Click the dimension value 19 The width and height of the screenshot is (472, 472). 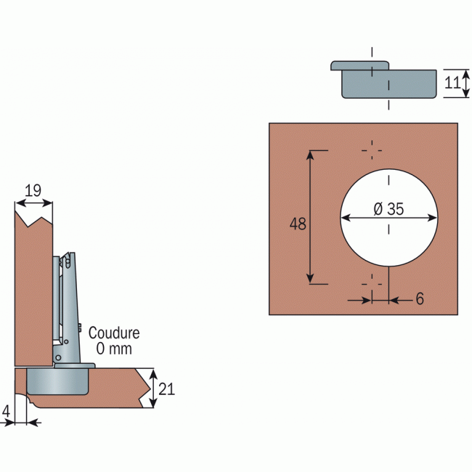pos(33,191)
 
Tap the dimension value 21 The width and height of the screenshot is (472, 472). pos(167,389)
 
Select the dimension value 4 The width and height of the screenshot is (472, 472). pos(7,411)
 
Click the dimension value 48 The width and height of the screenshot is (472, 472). pos(298,224)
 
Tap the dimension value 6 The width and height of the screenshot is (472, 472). pos(420,299)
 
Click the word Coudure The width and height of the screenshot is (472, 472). pos(114,333)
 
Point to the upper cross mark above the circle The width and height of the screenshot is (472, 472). pos(372,150)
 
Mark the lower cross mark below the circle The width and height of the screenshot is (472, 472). pos(372,277)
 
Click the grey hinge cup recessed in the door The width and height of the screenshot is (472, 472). pos(58,380)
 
